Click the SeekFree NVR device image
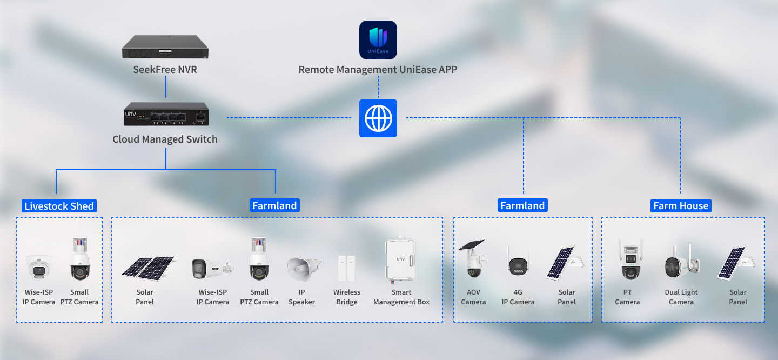coord(165,46)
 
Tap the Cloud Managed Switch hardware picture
coord(166,114)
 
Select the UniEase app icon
coord(378,40)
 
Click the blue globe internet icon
coord(378,118)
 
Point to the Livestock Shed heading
coord(59,206)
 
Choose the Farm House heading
coord(681,206)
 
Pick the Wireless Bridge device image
coord(347,268)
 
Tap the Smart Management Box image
coord(400,259)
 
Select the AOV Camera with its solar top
coord(473,258)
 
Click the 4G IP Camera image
coord(518,263)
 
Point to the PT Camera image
coord(631,259)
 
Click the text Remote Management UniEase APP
coord(378,70)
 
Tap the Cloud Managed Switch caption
coord(165,139)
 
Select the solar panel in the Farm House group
coord(736,263)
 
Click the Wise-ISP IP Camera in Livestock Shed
coord(39,267)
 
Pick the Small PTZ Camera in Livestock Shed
coord(80,259)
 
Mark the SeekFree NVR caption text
coord(165,70)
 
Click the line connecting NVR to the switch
coord(166,87)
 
